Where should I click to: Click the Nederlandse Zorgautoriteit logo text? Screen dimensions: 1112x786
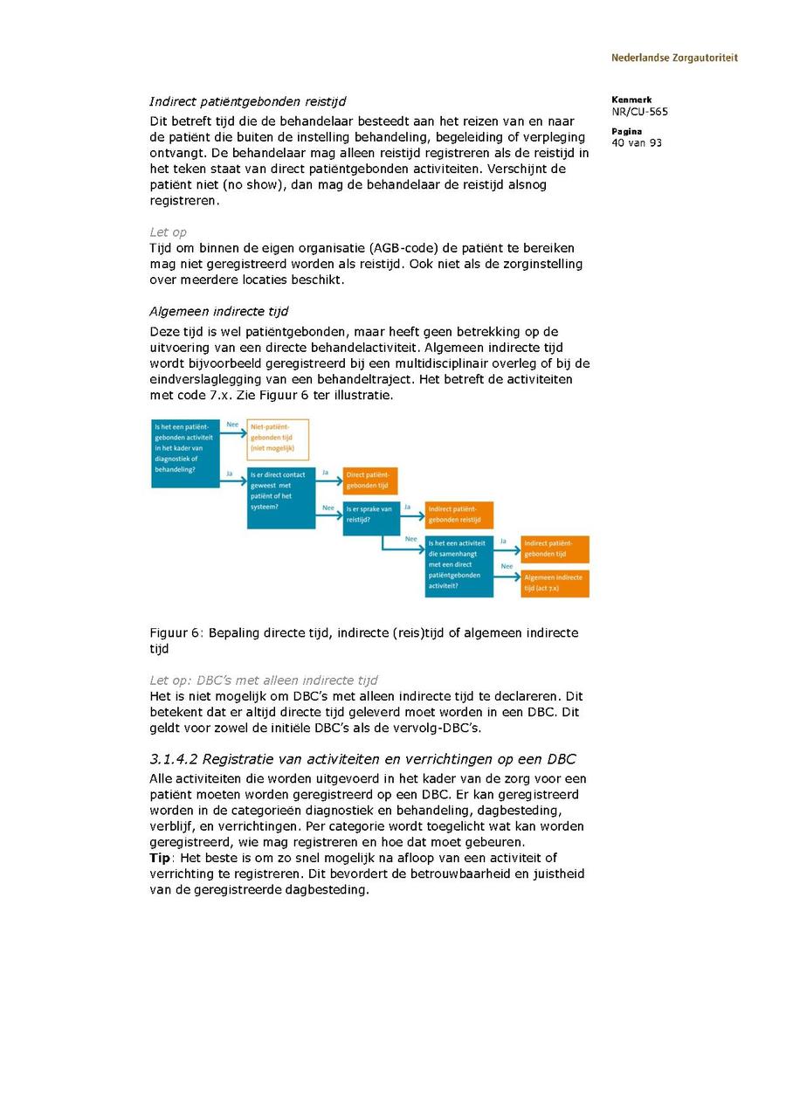[x=674, y=58]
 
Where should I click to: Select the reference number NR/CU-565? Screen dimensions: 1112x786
[x=639, y=112]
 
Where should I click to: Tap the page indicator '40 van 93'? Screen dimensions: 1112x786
[x=637, y=143]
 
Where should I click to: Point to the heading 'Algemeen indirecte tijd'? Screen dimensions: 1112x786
[x=218, y=312]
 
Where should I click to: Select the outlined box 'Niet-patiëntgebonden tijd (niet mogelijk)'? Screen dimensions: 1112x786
[x=278, y=439]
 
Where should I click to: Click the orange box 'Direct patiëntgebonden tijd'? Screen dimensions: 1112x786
[x=370, y=480]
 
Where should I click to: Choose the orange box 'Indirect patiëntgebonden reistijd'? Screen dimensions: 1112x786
[x=459, y=515]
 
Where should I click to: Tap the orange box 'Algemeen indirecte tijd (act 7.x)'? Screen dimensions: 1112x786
[x=555, y=584]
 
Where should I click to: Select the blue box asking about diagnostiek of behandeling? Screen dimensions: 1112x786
[x=185, y=452]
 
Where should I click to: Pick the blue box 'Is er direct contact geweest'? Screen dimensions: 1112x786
[x=280, y=498]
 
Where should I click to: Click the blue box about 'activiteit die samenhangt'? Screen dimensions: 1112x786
[x=459, y=566]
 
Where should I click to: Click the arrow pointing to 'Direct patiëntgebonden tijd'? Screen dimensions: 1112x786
[x=327, y=480]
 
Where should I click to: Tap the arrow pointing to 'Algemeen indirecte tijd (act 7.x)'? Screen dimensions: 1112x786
[x=507, y=577]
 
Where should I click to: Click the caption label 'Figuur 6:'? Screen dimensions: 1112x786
[x=177, y=633]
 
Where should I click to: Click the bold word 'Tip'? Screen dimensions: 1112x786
[x=160, y=859]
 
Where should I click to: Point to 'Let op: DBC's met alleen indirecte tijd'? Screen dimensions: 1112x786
[x=264, y=680]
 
